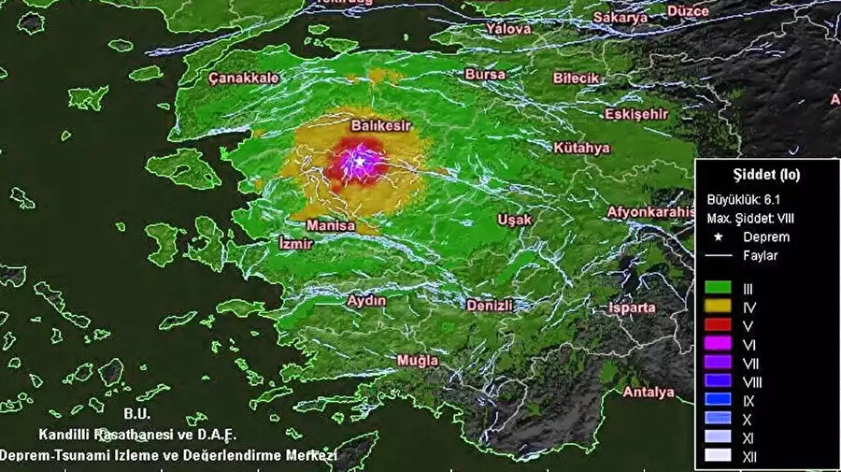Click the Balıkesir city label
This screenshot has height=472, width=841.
[380, 124]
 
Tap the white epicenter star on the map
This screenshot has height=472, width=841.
[359, 162]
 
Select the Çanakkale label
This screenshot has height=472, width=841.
[244, 79]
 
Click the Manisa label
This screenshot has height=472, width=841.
[331, 226]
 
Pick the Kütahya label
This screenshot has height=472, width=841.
[581, 148]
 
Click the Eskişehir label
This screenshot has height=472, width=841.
[636, 114]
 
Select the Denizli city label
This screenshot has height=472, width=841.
[490, 306]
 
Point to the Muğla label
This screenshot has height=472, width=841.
[417, 360]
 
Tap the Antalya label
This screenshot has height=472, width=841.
[649, 392]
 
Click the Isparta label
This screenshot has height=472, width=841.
[632, 308]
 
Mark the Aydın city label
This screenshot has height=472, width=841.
[366, 300]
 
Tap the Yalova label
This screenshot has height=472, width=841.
[509, 29]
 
